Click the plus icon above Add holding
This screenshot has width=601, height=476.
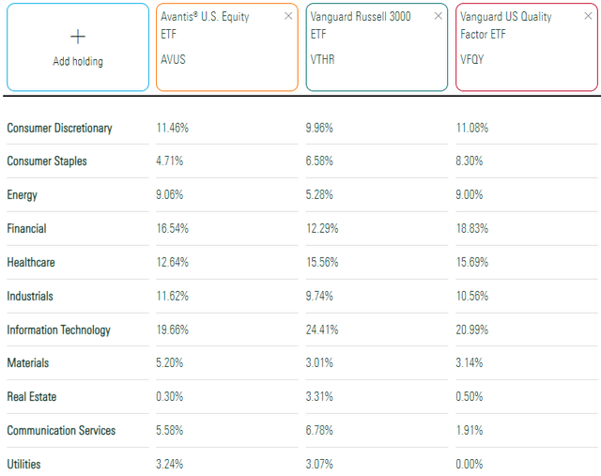pyautogui.click(x=78, y=37)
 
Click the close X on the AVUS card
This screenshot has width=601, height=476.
pyautogui.click(x=288, y=16)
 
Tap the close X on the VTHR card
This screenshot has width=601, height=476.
pyautogui.click(x=438, y=16)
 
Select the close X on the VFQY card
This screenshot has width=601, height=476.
pyautogui.click(x=587, y=16)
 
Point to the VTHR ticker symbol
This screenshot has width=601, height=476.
pyautogui.click(x=322, y=55)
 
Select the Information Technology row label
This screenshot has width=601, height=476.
pyautogui.click(x=58, y=330)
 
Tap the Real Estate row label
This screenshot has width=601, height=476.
pyautogui.click(x=32, y=397)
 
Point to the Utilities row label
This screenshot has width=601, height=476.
pyautogui.click(x=24, y=464)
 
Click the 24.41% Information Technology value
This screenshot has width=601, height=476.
pyautogui.click(x=323, y=330)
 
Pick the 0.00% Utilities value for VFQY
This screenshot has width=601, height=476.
pyautogui.click(x=470, y=464)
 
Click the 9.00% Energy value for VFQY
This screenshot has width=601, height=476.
pyautogui.click(x=470, y=195)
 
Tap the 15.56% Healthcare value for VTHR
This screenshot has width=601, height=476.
pyautogui.click(x=323, y=262)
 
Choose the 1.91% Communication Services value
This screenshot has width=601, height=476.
pyautogui.click(x=470, y=430)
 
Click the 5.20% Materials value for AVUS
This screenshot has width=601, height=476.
pyautogui.click(x=171, y=363)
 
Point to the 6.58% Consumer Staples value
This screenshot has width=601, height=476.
pyautogui.click(x=320, y=161)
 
